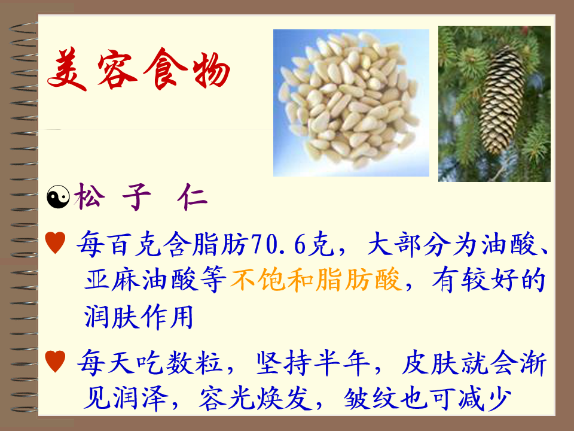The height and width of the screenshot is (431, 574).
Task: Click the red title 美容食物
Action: point(138,69)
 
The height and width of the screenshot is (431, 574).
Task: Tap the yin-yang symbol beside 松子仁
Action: point(58,197)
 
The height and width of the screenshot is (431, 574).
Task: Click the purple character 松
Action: point(90,196)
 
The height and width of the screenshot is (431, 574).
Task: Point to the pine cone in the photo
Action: point(502,101)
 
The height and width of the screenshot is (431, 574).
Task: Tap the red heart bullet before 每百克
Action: point(55,242)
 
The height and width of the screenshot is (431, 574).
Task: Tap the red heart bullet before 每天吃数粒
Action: point(55,361)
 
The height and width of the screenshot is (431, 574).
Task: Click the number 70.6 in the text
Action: point(278,244)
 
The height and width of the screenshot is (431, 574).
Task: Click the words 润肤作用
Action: point(139,317)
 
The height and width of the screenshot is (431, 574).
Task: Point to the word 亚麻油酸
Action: point(140,280)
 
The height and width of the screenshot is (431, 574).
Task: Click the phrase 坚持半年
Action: point(313,363)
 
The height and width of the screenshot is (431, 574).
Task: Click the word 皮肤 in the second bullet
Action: point(430,363)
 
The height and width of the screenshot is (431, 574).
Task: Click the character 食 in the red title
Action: point(165,69)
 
